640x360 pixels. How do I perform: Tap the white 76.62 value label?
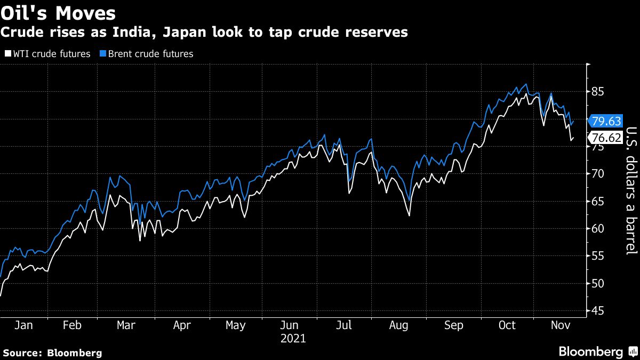(x=607, y=138)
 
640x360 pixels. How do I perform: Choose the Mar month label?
(x=126, y=325)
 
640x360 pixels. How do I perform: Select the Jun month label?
(x=290, y=325)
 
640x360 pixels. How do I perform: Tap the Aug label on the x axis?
(x=399, y=325)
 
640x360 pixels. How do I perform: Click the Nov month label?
(x=559, y=325)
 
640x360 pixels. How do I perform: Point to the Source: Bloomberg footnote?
(x=52, y=353)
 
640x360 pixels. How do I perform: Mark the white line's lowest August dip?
(x=409, y=215)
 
